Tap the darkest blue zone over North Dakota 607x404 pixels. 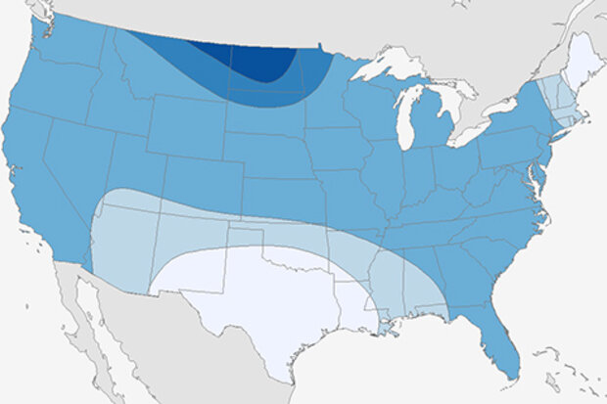[x=259, y=64]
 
